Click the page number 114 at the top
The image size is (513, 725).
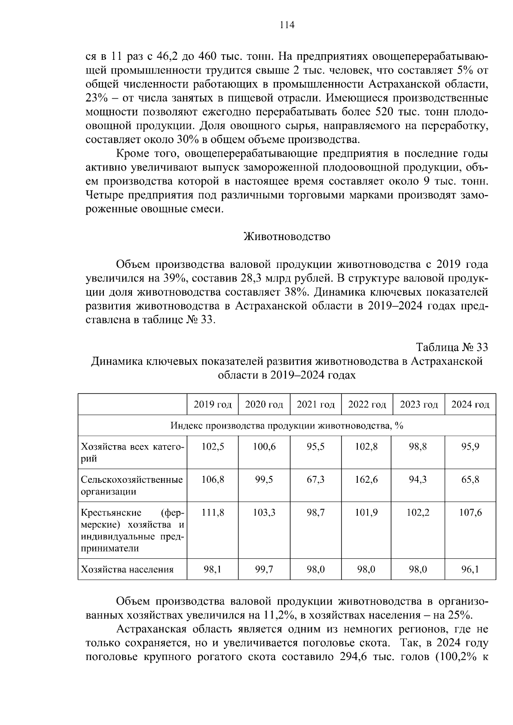point(287,25)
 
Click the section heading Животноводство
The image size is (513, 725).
point(286,237)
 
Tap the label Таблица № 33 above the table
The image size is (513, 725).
point(452,346)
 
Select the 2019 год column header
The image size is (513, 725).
point(212,405)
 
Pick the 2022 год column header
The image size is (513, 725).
point(367,405)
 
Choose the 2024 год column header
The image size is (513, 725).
point(470,405)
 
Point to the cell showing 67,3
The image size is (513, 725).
point(315,480)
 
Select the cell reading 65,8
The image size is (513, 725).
point(470,480)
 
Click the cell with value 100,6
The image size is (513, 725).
point(264,447)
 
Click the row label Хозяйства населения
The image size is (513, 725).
point(127,569)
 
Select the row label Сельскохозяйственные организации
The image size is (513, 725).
point(132,485)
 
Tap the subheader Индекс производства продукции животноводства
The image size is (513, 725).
point(287,426)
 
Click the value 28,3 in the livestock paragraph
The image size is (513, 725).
point(255,279)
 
